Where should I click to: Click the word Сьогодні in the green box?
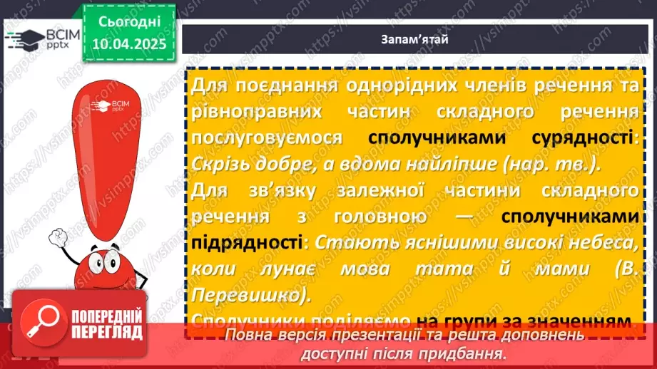(x=128, y=24)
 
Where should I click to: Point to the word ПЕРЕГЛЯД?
(x=107, y=332)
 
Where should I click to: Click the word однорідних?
(x=365, y=86)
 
